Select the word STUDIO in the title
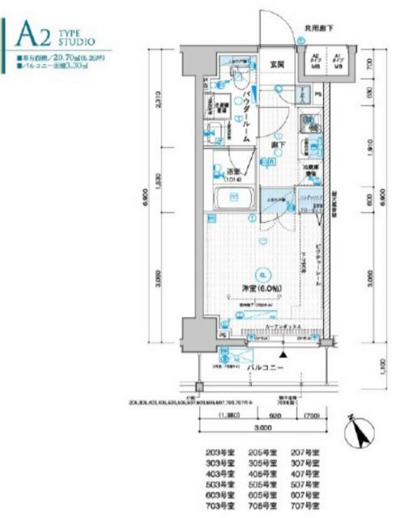tap(78, 39)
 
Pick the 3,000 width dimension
tap(260, 427)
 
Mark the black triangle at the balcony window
tap(283, 354)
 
